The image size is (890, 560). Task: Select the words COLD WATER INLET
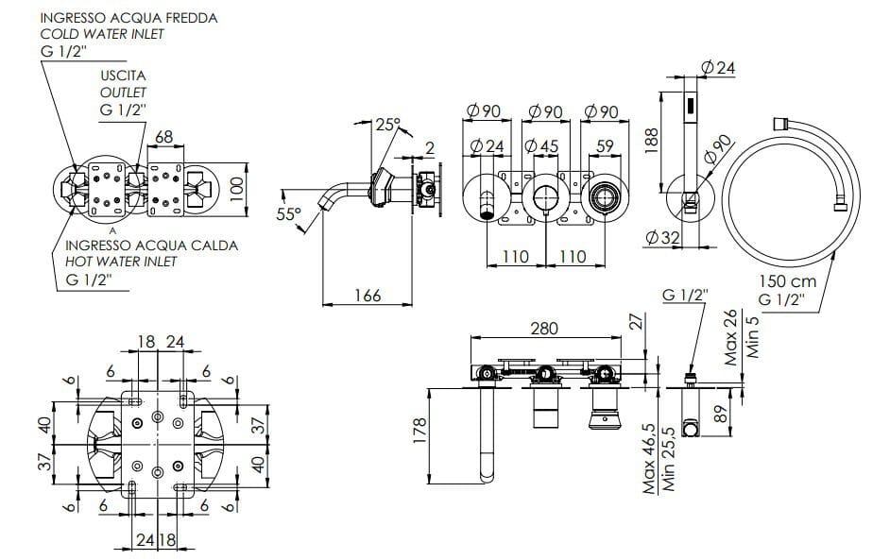(x=102, y=34)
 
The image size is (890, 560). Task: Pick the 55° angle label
(x=288, y=214)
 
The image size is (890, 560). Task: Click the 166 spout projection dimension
(x=367, y=296)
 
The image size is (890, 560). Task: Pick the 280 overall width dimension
(x=544, y=328)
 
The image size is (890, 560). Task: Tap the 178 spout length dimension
(x=420, y=430)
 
